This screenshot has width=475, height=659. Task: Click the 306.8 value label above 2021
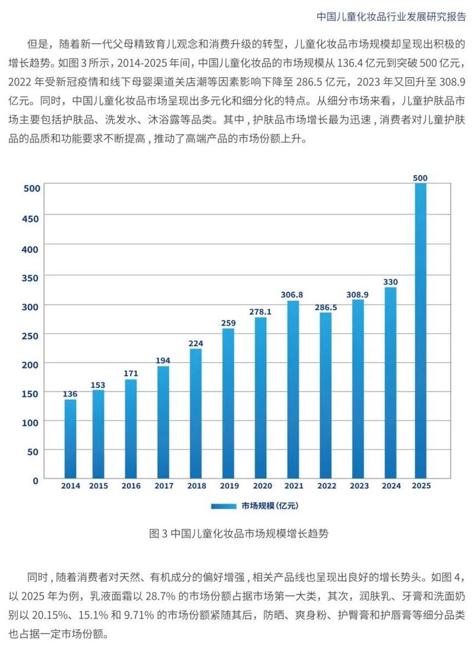[293, 294]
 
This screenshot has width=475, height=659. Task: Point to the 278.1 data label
[261, 311]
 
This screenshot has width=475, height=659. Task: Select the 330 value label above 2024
[391, 281]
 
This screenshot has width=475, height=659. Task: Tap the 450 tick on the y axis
[31, 218]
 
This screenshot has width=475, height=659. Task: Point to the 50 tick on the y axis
[33, 451]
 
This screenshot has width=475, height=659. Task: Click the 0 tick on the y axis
[36, 480]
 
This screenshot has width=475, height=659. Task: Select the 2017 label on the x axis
[163, 486]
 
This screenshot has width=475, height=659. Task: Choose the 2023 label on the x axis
[358, 486]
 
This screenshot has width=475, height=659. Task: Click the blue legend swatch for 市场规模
[224, 506]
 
